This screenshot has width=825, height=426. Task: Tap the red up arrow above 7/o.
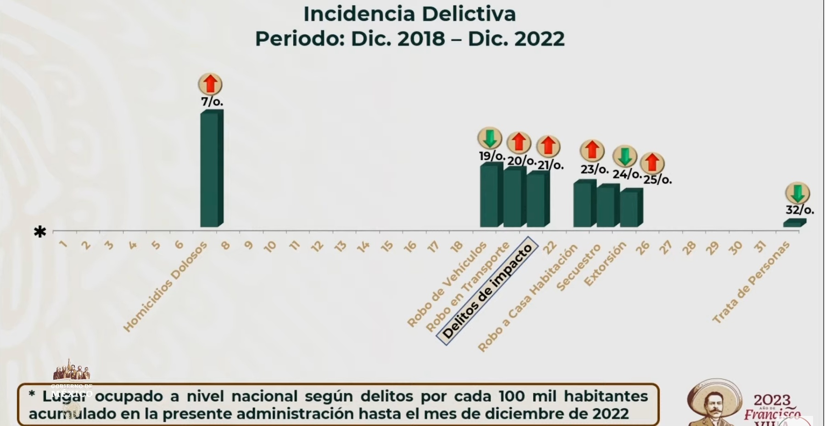pos(210,84)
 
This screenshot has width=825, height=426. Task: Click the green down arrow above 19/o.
pos(490,138)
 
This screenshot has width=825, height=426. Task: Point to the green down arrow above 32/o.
pos(797,193)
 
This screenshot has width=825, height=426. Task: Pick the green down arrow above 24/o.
pos(625,156)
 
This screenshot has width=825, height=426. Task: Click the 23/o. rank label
pos(594,169)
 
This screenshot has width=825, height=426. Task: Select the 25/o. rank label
pos(657,179)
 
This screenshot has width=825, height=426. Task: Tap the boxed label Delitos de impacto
pos(487,291)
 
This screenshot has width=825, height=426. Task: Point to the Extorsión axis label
pos(605,264)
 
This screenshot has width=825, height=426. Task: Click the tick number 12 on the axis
pos(317,247)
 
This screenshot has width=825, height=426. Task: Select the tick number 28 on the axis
pos(689,248)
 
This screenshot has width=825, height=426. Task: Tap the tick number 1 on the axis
pos(63,244)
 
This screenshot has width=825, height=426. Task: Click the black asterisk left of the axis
pos(40,232)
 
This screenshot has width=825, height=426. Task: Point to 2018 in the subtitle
pos(421,39)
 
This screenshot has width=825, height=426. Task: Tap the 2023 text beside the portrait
pos(772,400)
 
